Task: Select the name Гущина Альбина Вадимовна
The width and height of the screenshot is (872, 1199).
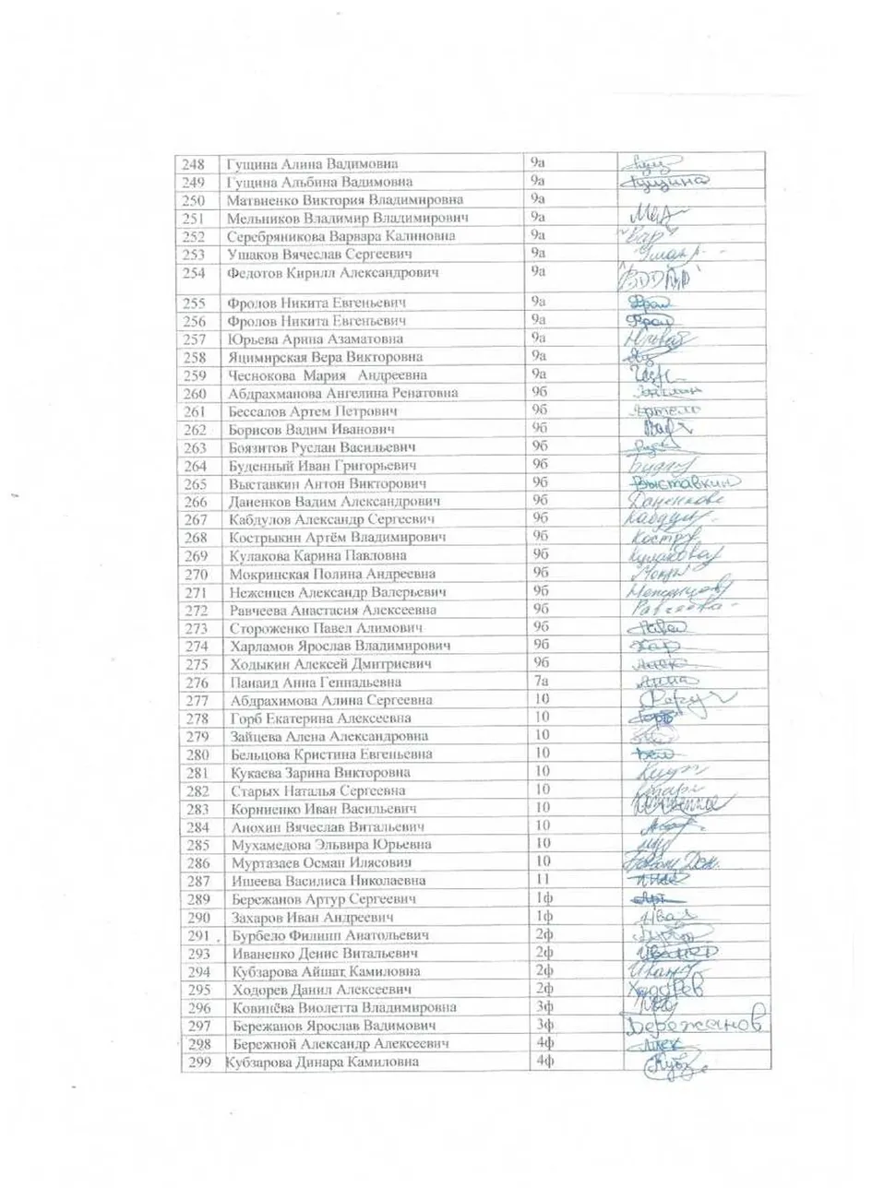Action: pos(319,183)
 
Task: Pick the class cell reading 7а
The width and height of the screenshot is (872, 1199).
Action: pos(541,682)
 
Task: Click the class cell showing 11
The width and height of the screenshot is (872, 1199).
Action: pos(543,880)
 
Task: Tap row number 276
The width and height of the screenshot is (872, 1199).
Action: pos(197,683)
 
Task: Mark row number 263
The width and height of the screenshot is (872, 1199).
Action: pos(196,448)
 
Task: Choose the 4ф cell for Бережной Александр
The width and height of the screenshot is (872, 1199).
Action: pos(544,1043)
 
